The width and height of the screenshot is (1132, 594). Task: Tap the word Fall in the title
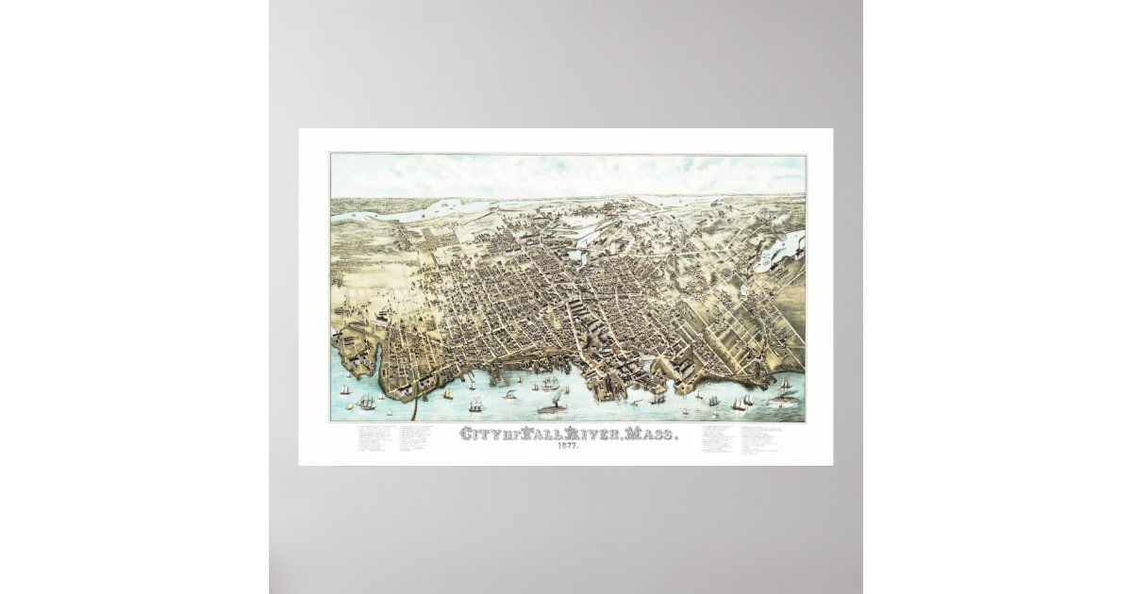point(536,435)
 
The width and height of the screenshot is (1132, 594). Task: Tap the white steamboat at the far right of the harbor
point(783,400)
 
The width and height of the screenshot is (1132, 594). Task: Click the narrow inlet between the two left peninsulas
point(376,358)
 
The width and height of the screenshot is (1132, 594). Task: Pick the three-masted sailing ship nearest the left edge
point(344,388)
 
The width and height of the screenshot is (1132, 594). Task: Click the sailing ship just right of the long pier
point(448,393)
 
